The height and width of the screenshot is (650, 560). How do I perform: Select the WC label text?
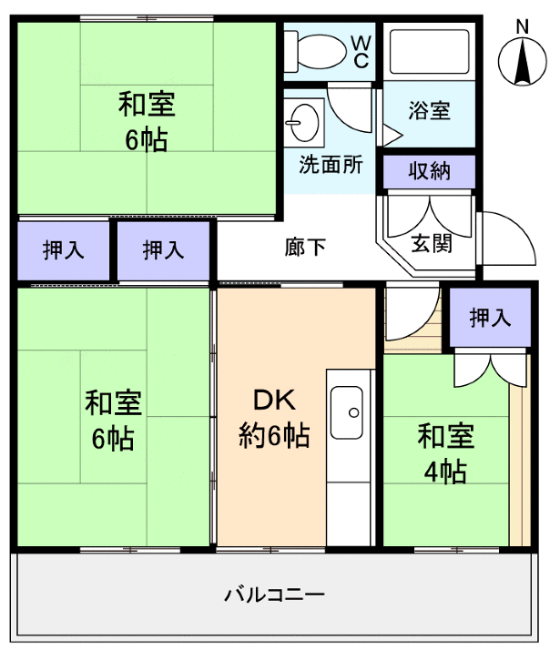point(361,52)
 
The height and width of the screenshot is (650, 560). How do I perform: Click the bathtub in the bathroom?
point(426,51)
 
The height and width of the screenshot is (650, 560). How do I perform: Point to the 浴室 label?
point(428,111)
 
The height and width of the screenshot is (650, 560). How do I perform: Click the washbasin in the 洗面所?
point(302,119)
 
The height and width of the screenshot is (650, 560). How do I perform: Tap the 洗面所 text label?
point(331,166)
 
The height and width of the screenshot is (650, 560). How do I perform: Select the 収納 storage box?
point(428,171)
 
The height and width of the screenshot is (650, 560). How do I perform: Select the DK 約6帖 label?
point(274,418)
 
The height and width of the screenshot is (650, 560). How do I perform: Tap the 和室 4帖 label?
point(445,452)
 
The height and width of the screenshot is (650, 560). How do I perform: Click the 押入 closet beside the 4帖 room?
point(490,318)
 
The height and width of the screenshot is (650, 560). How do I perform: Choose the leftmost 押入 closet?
point(63,250)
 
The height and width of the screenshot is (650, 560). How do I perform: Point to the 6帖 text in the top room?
point(147,141)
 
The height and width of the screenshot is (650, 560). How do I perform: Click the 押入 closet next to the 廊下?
point(163,250)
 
